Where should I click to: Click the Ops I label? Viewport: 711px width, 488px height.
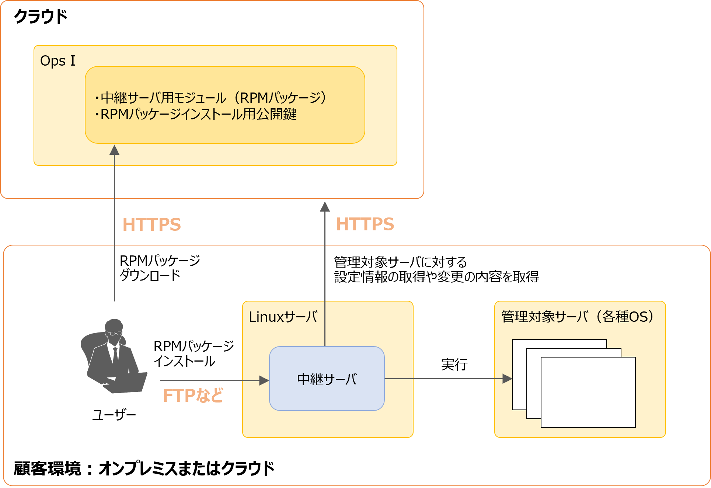coord(57,61)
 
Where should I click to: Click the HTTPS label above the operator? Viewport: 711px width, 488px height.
coord(151,224)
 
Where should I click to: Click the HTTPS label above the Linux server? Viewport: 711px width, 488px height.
coord(365,224)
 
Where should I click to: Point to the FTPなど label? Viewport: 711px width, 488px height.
coord(193,395)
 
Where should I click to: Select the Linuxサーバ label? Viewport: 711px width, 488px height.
coord(283,317)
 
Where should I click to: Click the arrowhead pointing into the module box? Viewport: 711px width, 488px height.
coord(115,150)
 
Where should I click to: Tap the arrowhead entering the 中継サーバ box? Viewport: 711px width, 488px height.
coord(264,380)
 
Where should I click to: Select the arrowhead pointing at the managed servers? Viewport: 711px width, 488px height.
coord(507,379)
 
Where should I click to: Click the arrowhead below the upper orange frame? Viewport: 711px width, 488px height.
coord(325,207)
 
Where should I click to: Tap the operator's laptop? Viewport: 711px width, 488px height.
coord(127,383)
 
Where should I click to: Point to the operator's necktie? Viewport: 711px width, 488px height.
coord(115,354)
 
